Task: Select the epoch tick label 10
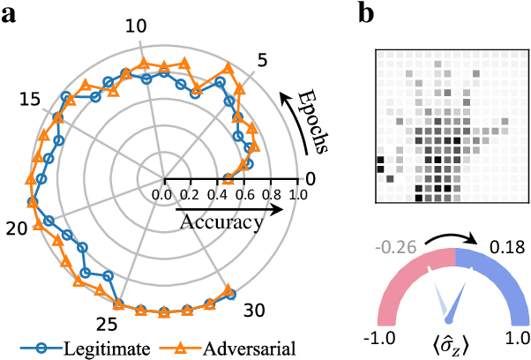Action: (136, 26)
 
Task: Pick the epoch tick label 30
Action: (253, 311)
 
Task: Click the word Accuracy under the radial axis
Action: (221, 222)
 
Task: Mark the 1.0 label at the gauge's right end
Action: (517, 337)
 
